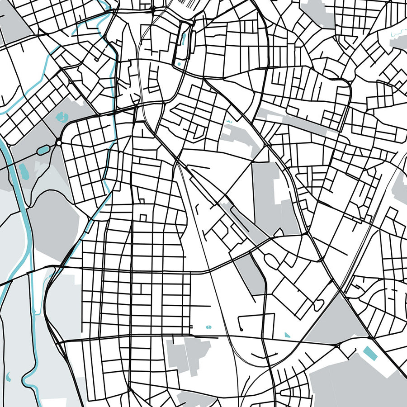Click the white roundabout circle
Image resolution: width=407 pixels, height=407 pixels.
tap(59, 143)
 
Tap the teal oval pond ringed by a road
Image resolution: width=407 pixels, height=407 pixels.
tap(43, 149)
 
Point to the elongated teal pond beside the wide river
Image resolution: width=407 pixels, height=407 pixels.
tap(23, 170)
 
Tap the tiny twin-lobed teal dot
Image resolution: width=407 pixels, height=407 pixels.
tap(208, 327)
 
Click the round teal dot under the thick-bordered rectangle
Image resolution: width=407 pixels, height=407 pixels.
tap(180, 64)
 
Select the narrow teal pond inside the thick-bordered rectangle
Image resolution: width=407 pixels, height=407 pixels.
tap(183, 38)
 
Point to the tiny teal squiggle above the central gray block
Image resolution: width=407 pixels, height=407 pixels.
tap(229, 121)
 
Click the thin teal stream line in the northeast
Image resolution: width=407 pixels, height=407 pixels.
tap(398, 32)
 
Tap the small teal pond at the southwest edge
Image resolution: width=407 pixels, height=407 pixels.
tap(8, 376)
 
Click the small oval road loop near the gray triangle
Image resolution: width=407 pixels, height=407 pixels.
tap(318, 305)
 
